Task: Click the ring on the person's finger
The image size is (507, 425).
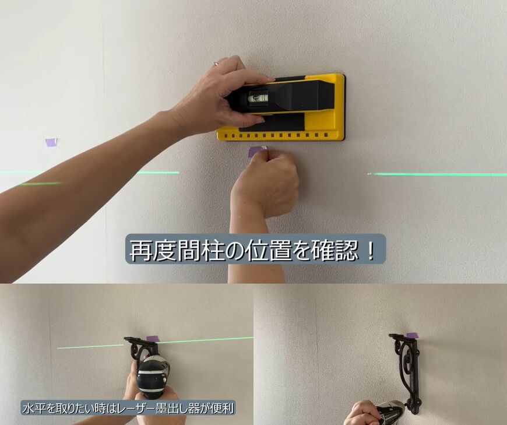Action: click(x=216, y=64)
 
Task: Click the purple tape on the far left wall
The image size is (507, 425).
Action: click(x=51, y=142)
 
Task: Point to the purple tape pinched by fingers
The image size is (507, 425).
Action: click(x=258, y=151)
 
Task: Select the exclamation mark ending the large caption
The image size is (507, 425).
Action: click(x=371, y=250)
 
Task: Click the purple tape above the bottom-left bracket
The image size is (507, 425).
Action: click(x=153, y=339)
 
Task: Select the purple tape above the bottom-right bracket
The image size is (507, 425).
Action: click(x=411, y=335)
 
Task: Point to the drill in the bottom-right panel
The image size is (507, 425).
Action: click(x=390, y=413)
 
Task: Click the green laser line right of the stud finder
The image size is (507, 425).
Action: click(x=437, y=175)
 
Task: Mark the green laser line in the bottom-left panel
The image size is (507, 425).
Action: click(x=155, y=343)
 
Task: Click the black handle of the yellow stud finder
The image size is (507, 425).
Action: click(x=280, y=96)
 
